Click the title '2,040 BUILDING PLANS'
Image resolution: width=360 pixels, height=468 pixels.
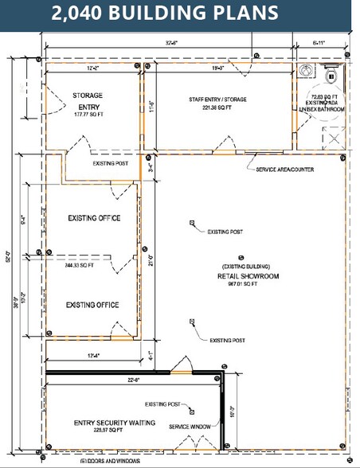point(166,14)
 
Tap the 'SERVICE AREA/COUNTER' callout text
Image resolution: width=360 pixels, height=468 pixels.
point(285,170)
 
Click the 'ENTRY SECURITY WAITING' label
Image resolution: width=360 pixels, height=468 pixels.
point(114,422)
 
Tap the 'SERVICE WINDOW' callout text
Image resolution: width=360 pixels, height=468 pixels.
point(190,427)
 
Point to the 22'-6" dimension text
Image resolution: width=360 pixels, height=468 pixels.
point(134,380)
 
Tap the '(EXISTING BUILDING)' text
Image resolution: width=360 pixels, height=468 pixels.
point(246,266)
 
